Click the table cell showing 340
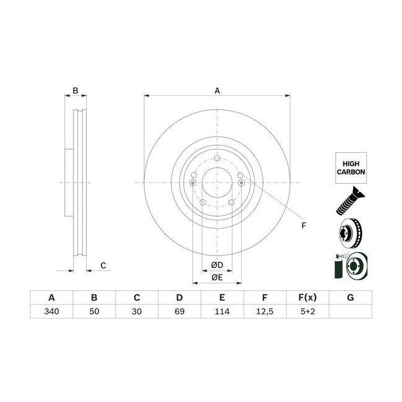(51, 311)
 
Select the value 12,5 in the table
(265, 311)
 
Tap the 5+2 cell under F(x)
(307, 311)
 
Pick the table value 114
(222, 311)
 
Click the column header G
(351, 297)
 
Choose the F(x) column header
(307, 297)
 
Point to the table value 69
(179, 311)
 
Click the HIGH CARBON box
(351, 168)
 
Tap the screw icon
(350, 201)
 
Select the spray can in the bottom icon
(338, 268)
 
